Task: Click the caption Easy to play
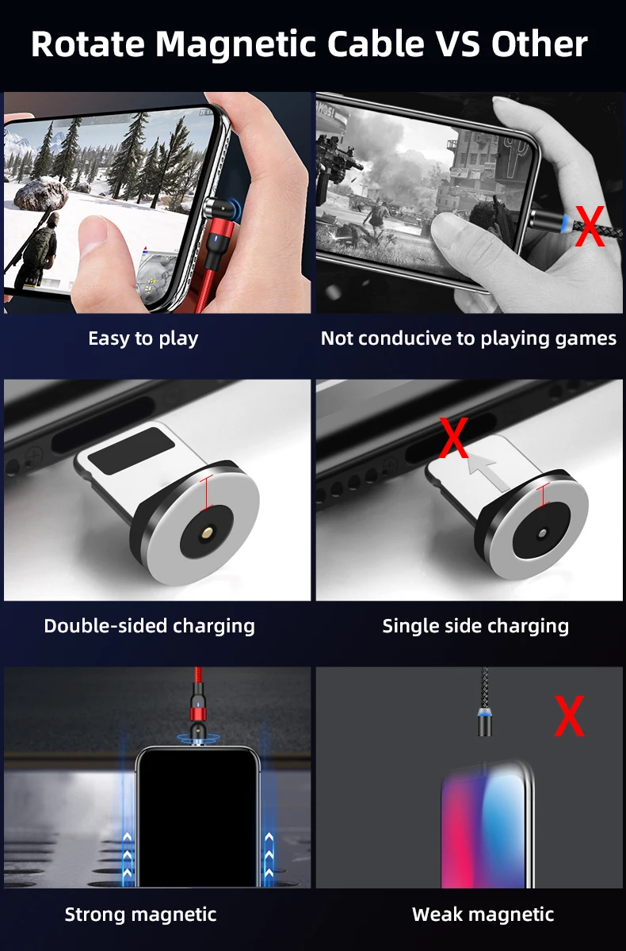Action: (143, 339)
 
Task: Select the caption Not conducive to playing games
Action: (468, 339)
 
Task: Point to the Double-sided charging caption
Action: (150, 627)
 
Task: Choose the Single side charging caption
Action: (475, 627)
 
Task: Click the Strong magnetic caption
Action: (140, 915)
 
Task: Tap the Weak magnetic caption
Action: (483, 915)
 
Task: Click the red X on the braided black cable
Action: (590, 226)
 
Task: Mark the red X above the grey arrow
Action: (454, 437)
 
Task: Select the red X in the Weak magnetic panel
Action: (570, 716)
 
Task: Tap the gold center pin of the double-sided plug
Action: (208, 533)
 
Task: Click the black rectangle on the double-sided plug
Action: (131, 451)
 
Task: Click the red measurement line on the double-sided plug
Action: (207, 493)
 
